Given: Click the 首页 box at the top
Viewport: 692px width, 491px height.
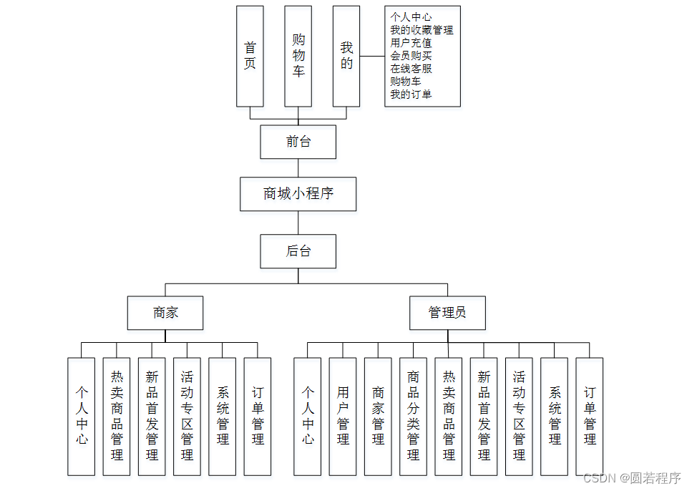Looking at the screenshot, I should click(x=250, y=56).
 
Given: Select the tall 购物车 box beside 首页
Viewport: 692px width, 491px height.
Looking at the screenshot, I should click(x=298, y=56).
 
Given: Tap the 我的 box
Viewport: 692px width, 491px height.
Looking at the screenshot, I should click(x=346, y=56).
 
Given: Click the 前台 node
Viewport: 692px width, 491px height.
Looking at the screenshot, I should click(x=298, y=142).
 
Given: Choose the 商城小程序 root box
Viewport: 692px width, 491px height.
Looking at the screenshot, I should click(x=298, y=194).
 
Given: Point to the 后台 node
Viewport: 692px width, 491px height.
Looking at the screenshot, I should click(x=298, y=251).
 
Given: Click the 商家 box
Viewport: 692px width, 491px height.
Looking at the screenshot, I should click(x=165, y=313).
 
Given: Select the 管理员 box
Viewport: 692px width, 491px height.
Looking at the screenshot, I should click(x=447, y=313).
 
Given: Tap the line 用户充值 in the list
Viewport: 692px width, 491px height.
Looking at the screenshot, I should click(x=411, y=43).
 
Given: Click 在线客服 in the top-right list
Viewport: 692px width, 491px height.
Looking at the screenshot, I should click(x=411, y=69).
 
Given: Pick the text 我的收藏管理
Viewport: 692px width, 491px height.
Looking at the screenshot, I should click(x=421, y=30).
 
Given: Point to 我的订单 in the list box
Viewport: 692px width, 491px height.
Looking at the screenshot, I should click(x=411, y=94).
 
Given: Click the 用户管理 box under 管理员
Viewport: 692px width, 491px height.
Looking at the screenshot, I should click(x=343, y=416).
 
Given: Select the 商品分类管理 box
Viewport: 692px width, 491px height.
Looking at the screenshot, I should click(x=413, y=416).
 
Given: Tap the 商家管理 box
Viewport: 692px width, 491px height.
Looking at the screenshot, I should click(x=378, y=416).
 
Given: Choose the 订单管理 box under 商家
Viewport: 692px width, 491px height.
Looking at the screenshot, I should click(x=258, y=416).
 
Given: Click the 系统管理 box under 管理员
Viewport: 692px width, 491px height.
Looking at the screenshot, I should click(x=555, y=416).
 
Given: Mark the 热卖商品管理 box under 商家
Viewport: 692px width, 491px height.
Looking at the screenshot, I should click(x=117, y=416).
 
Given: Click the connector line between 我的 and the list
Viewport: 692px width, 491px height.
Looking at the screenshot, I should click(x=372, y=57).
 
